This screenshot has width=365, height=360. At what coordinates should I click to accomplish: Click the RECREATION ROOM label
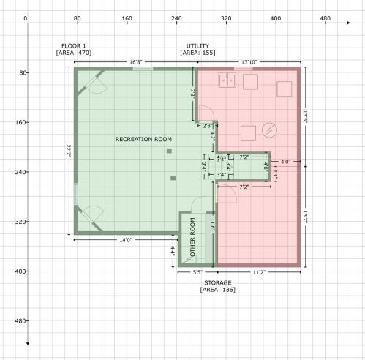point(143,139)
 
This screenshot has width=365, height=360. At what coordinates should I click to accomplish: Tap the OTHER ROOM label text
point(192,237)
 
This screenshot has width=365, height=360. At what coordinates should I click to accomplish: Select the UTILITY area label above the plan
point(197,49)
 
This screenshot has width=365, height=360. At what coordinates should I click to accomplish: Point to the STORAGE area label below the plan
point(218,286)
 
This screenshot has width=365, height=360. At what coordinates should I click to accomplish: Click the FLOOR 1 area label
point(74,49)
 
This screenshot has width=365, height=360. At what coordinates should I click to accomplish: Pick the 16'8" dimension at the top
point(135,62)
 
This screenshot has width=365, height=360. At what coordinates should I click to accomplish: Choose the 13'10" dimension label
point(249,62)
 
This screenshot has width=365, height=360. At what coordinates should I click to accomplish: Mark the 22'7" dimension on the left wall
point(69,151)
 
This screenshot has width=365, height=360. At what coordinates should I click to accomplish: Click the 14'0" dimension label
point(126,240)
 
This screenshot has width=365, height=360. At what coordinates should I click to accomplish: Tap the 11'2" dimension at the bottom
point(259,272)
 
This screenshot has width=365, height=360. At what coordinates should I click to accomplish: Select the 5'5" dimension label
point(197,272)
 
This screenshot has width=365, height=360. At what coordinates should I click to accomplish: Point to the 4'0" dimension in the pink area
point(285,162)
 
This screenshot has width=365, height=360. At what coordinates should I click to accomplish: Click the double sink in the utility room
point(227,80)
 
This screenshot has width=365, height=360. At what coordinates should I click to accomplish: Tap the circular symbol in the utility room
point(269,130)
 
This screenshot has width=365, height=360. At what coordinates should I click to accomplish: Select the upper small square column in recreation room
point(169,151)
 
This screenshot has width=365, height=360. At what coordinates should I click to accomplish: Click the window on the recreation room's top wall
point(143,69)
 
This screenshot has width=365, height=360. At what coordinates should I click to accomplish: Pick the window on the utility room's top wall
point(244,69)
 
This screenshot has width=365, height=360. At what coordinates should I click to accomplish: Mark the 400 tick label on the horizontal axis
point(276,18)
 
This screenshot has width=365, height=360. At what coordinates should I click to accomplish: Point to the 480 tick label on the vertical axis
point(20,320)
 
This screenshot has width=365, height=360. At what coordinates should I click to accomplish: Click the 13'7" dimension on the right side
point(305,218)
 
